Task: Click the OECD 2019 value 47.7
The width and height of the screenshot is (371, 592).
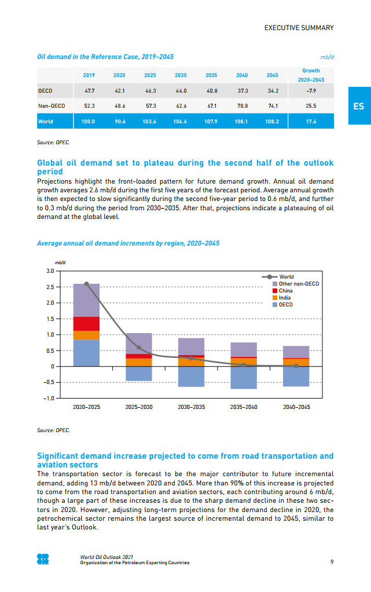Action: point(89,91)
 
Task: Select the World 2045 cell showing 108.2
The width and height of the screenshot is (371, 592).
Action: point(273,122)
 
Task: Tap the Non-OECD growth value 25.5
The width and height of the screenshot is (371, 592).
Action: point(311,106)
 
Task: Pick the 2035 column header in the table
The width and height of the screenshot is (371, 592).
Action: point(211,75)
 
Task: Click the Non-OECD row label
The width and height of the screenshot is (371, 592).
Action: point(52,106)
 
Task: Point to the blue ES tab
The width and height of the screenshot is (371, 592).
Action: point(359,106)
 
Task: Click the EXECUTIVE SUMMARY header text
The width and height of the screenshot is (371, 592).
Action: point(299,28)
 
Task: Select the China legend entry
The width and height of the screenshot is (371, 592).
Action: point(285,291)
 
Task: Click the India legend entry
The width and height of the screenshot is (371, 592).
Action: point(285,298)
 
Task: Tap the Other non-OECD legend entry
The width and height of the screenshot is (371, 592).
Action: point(298,284)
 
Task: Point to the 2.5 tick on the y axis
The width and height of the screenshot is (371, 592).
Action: point(50,287)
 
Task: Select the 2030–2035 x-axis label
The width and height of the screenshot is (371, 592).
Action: point(191,407)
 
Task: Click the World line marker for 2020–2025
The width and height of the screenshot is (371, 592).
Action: point(86,284)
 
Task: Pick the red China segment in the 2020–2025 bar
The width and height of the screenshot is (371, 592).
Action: point(86,324)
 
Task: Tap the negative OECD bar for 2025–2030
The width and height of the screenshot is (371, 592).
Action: point(139,374)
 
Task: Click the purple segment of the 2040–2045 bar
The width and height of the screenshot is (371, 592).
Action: point(296,352)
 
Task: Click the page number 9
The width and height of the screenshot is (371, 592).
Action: point(332,561)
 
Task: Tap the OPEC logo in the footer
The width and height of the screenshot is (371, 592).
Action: point(43,560)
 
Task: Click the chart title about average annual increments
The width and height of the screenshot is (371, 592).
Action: point(128,243)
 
